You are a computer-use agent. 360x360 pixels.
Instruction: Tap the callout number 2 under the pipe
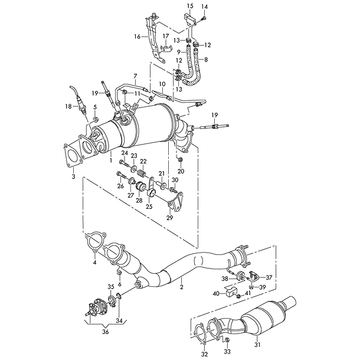pos(181,287)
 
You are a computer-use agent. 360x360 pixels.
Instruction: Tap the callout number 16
pos(136,36)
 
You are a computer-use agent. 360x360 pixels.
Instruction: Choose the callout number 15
pos(190,6)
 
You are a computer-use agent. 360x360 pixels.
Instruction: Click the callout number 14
pos(205,6)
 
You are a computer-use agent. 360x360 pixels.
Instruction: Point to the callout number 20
pos(181,171)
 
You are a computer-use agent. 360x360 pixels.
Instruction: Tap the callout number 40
pos(216,293)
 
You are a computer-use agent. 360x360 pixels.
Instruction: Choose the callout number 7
pos(135,76)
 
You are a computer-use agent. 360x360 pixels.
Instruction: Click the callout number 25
pos(149,206)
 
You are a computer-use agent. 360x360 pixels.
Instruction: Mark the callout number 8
pos(206,60)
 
